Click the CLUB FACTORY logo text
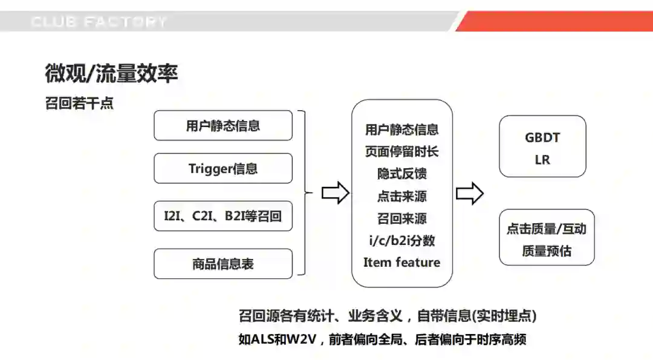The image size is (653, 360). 99,22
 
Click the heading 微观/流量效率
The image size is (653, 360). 111,73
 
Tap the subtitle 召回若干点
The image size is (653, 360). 79,103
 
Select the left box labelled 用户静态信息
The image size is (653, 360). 223,126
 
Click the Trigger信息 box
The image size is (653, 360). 223,169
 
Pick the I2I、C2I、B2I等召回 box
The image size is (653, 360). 223,216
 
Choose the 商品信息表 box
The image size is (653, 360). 223,264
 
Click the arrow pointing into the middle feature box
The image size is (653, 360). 335,194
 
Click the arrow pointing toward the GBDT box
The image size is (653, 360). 469,194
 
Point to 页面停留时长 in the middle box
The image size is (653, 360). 401,151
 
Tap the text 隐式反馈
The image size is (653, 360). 401,174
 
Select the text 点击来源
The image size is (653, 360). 401,196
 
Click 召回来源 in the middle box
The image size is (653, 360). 401,218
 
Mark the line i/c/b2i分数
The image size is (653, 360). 401,240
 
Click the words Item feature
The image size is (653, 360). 401,263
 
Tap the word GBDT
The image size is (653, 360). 542,137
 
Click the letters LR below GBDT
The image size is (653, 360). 542,160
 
